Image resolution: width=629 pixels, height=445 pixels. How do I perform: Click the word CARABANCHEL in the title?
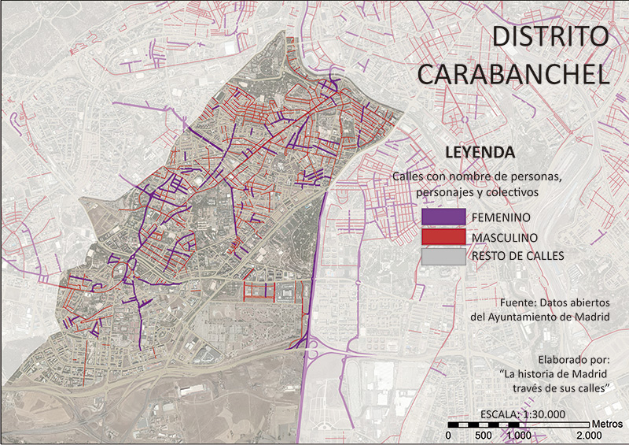point(513,74)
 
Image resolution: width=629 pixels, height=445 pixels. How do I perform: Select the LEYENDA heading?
point(479,151)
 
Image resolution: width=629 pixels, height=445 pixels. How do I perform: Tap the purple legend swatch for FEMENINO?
point(444,217)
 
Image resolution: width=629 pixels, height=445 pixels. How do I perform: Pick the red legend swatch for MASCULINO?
point(444,236)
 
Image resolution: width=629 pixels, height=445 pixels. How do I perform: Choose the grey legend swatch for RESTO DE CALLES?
point(444,256)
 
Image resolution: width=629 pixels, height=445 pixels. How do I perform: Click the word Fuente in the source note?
point(517,302)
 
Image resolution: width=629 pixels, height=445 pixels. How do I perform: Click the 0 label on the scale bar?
point(448,436)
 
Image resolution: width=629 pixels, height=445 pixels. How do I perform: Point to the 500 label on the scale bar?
point(484,436)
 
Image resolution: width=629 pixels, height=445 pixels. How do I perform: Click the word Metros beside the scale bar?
point(607,423)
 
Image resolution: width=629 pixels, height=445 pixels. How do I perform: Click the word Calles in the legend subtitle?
point(408,177)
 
